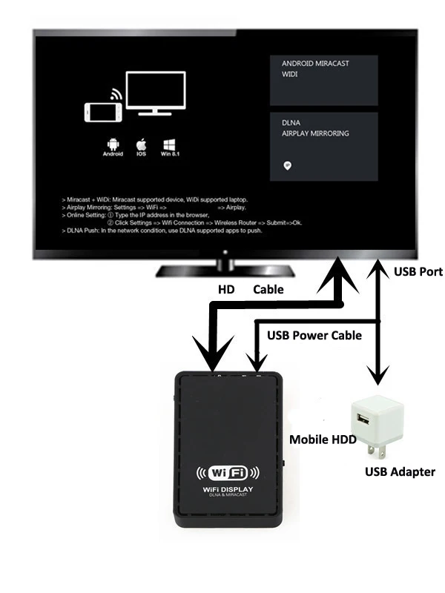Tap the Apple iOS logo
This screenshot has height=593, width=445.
(x=141, y=142)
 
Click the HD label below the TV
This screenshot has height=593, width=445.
(x=225, y=290)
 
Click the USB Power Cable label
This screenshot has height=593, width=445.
(x=314, y=335)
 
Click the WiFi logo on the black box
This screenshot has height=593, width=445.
(x=227, y=472)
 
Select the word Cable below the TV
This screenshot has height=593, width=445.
(x=268, y=290)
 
